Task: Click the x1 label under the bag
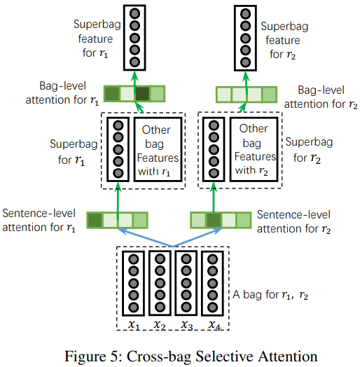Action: pos(133,325)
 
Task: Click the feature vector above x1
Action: pos(132,284)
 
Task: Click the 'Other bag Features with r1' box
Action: pos(157,149)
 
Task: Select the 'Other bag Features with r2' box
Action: pos(254,149)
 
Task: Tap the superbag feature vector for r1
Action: pos(137,37)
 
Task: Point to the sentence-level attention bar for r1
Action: pos(118,219)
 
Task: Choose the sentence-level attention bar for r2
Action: pos(220,219)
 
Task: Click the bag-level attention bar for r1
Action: pos(134,92)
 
